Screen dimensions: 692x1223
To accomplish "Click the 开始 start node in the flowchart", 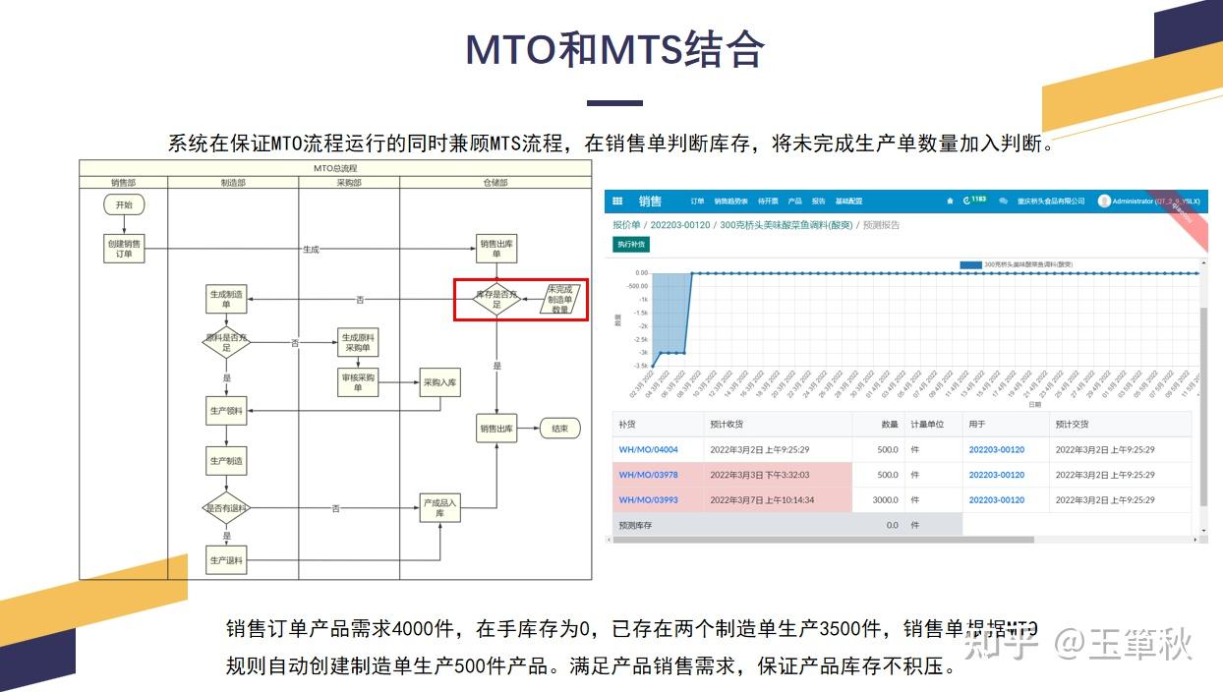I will (x=123, y=204).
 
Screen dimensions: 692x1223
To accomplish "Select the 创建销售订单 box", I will (x=123, y=249).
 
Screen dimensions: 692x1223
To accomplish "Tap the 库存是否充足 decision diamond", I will (x=496, y=299).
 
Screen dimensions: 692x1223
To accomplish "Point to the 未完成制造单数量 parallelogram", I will (x=560, y=299).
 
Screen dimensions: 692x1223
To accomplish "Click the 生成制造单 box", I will (x=226, y=299).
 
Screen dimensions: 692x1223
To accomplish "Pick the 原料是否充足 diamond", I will (x=226, y=343).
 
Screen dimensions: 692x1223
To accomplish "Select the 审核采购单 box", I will (x=358, y=382).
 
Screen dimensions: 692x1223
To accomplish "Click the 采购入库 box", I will (x=439, y=382).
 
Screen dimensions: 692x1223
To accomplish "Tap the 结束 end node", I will (x=559, y=429).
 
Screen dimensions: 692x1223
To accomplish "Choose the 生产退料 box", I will (x=226, y=560).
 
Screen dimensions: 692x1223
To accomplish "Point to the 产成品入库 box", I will (x=439, y=507).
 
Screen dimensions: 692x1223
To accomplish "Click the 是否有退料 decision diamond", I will (x=226, y=508).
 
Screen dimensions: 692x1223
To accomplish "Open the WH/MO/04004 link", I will (x=648, y=449).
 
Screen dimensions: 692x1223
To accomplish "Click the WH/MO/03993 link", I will (x=648, y=499).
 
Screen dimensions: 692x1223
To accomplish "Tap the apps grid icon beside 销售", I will (x=617, y=202).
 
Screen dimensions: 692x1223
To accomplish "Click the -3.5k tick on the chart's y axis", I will (x=640, y=365).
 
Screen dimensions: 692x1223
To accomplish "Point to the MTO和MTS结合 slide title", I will (x=614, y=49).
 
